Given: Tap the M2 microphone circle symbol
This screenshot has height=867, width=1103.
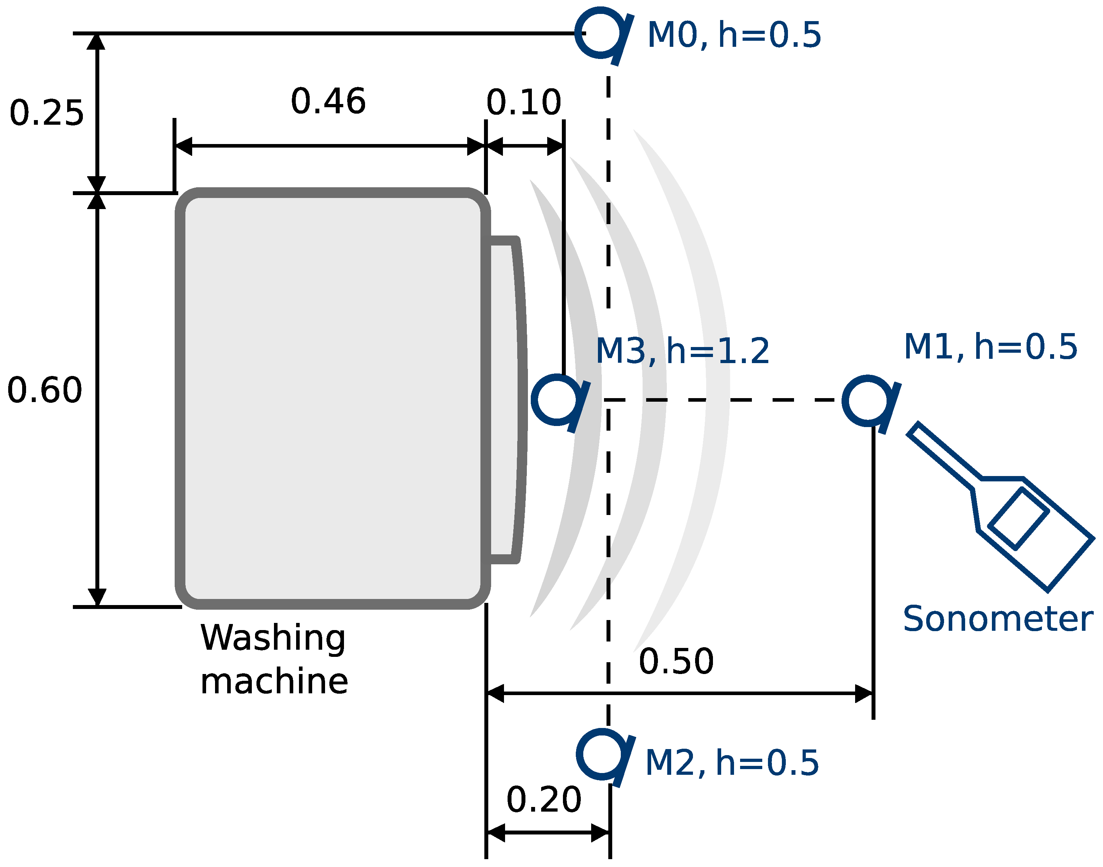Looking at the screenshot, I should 601,755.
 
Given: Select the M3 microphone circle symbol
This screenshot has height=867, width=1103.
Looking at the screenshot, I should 556,400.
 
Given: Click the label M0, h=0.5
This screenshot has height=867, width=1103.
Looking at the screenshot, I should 734,35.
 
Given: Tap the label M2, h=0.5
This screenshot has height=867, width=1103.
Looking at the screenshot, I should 731,763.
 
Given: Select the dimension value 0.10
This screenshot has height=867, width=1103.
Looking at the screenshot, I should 524,103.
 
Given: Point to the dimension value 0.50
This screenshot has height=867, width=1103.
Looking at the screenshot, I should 676,662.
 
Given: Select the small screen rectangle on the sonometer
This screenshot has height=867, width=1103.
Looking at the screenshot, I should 1018,519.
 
